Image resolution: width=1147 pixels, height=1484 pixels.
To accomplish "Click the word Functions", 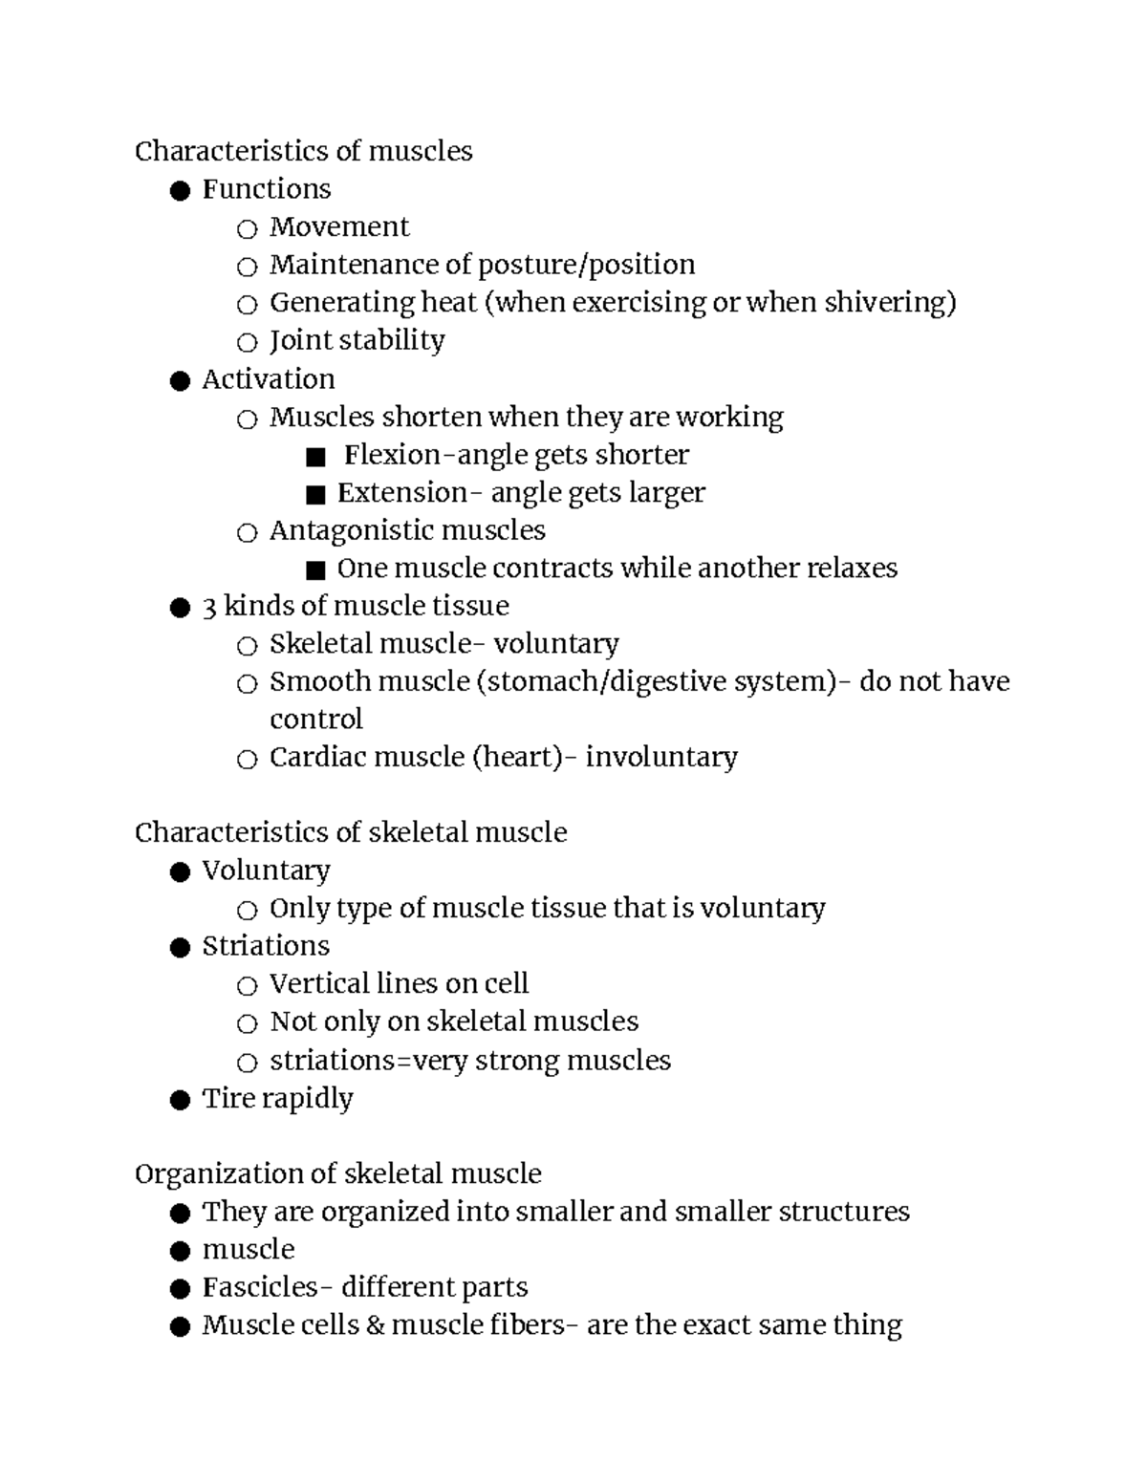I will click(266, 189).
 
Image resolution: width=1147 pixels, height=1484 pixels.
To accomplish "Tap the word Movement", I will click(339, 227).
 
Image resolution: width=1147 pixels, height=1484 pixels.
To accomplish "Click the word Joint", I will click(296, 341).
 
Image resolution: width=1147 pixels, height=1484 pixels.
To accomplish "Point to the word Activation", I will click(268, 379).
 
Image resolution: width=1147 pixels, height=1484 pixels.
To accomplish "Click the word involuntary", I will click(661, 758).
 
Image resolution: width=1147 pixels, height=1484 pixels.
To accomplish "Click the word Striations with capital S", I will click(266, 946).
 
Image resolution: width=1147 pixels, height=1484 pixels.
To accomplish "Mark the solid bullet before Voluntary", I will click(180, 872).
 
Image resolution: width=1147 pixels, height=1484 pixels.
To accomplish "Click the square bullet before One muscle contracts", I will click(315, 570).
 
